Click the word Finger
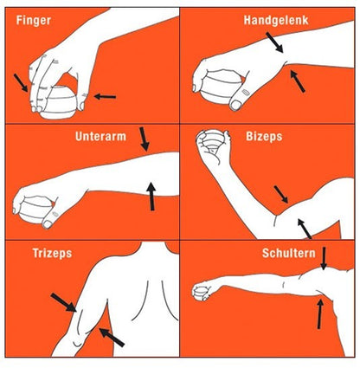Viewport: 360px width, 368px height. (x=34, y=21)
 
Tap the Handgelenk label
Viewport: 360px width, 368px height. (x=276, y=20)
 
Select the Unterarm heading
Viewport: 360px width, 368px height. (x=100, y=136)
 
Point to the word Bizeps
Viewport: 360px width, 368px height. (x=264, y=136)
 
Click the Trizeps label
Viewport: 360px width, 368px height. (x=52, y=253)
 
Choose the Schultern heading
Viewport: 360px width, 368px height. (x=289, y=253)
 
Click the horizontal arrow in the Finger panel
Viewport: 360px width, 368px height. (x=105, y=97)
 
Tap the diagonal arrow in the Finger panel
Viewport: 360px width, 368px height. (x=21, y=83)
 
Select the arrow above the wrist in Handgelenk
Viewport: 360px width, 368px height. (x=274, y=42)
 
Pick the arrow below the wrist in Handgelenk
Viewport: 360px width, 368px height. (x=298, y=81)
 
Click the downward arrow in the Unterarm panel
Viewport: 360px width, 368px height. (x=144, y=139)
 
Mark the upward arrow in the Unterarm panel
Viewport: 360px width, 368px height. (x=151, y=197)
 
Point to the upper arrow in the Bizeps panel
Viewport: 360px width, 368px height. (x=281, y=194)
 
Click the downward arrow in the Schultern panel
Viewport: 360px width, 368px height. (x=324, y=258)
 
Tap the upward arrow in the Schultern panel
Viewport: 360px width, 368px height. (x=319, y=314)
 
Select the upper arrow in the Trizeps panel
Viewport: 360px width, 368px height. (x=64, y=302)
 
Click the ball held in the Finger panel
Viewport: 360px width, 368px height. (x=60, y=102)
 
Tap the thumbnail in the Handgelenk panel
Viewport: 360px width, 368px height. (x=235, y=105)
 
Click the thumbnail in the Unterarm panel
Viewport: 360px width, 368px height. (x=48, y=224)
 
